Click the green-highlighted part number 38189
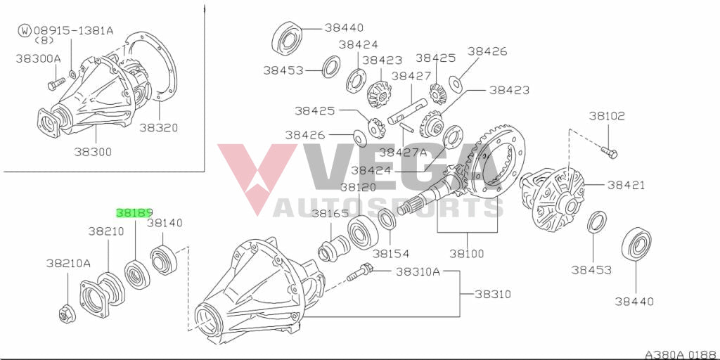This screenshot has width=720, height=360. click(134, 212)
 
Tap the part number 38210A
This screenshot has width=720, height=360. click(68, 263)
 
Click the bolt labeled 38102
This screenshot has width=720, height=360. click(610, 152)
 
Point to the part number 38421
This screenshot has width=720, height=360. click(626, 185)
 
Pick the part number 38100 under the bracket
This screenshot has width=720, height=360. click(468, 253)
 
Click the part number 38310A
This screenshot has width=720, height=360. click(418, 272)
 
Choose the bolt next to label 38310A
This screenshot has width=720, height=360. click(359, 272)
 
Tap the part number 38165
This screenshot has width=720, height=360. click(330, 213)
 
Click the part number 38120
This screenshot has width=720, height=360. click(358, 187)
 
